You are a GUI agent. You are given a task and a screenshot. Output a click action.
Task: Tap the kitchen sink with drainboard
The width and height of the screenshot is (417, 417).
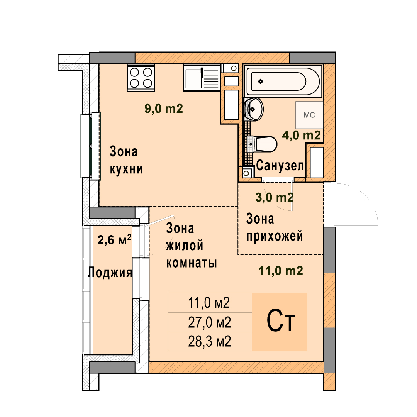(202, 77)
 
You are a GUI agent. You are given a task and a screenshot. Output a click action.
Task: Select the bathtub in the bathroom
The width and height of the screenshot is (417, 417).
(283, 81)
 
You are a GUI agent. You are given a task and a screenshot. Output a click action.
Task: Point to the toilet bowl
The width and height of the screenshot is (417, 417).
(262, 144)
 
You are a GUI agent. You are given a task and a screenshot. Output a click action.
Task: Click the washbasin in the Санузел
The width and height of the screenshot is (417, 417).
(253, 109)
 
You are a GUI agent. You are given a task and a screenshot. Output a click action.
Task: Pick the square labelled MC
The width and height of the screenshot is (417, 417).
(309, 115)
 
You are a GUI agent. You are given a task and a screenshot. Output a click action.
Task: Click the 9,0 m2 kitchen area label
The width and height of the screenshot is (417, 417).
(164, 109)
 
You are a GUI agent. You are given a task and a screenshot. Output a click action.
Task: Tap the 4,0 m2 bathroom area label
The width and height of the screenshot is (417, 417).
(301, 136)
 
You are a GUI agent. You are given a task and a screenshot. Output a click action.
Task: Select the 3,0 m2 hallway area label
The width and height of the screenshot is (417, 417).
(275, 197)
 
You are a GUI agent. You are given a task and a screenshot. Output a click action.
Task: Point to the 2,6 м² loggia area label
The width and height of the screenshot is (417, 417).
(114, 240)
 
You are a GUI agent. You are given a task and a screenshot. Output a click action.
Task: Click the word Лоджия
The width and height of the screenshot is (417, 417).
(110, 272)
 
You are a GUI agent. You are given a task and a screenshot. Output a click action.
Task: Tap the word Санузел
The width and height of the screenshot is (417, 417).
(280, 165)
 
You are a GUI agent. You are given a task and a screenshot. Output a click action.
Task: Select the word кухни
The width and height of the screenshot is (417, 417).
(126, 169)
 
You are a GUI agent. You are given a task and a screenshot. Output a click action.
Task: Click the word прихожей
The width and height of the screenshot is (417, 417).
(275, 236)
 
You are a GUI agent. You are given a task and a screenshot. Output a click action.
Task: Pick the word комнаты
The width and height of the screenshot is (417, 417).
(192, 263)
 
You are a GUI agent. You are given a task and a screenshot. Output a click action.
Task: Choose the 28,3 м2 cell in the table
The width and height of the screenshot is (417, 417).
(210, 341)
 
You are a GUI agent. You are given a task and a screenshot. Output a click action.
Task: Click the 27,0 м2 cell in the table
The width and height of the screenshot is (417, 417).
(210, 322)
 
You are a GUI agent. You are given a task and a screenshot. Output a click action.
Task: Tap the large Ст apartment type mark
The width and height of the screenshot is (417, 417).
(281, 321)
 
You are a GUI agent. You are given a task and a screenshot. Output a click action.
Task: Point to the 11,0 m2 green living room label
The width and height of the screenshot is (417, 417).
(281, 271)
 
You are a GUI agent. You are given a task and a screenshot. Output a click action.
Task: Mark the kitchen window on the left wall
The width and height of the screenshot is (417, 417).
(91, 146)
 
